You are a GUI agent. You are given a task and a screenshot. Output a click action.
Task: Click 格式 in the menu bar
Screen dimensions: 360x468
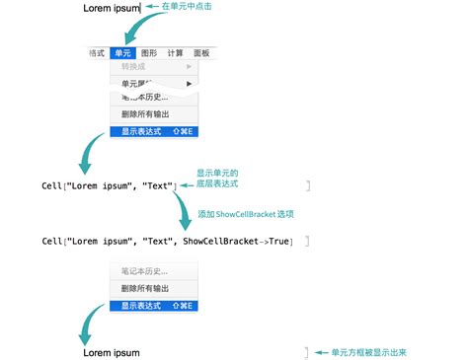coord(96,53)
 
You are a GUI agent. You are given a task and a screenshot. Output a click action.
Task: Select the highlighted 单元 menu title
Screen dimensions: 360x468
coord(121,53)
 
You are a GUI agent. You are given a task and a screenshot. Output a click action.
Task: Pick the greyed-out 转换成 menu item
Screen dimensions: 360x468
coord(135,67)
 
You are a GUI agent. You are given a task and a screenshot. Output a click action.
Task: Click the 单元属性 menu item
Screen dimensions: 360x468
coord(138,85)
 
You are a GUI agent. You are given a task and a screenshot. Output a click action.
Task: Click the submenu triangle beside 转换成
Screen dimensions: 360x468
coord(189,67)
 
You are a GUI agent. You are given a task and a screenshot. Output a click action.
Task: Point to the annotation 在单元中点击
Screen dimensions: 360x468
coord(187,6)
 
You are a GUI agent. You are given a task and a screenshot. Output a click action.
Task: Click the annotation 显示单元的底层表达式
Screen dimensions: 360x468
coord(218,178)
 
